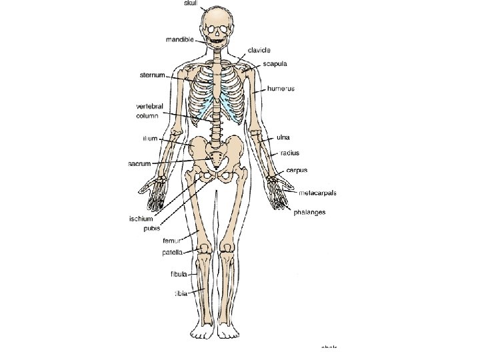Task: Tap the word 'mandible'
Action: click(180, 39)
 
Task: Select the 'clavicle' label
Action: click(259, 51)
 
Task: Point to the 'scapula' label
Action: click(275, 64)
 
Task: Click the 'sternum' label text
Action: click(152, 75)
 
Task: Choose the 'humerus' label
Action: click(281, 88)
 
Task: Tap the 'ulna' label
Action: click(283, 138)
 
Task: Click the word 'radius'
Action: click(289, 153)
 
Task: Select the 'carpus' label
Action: click(297, 170)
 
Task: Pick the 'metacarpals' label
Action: click(317, 193)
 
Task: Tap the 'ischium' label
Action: click(141, 218)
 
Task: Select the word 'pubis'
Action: click(152, 228)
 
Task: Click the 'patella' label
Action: click(172, 253)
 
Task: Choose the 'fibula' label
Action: click(178, 274)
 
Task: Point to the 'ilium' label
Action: click(149, 139)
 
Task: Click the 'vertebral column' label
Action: click(147, 111)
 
